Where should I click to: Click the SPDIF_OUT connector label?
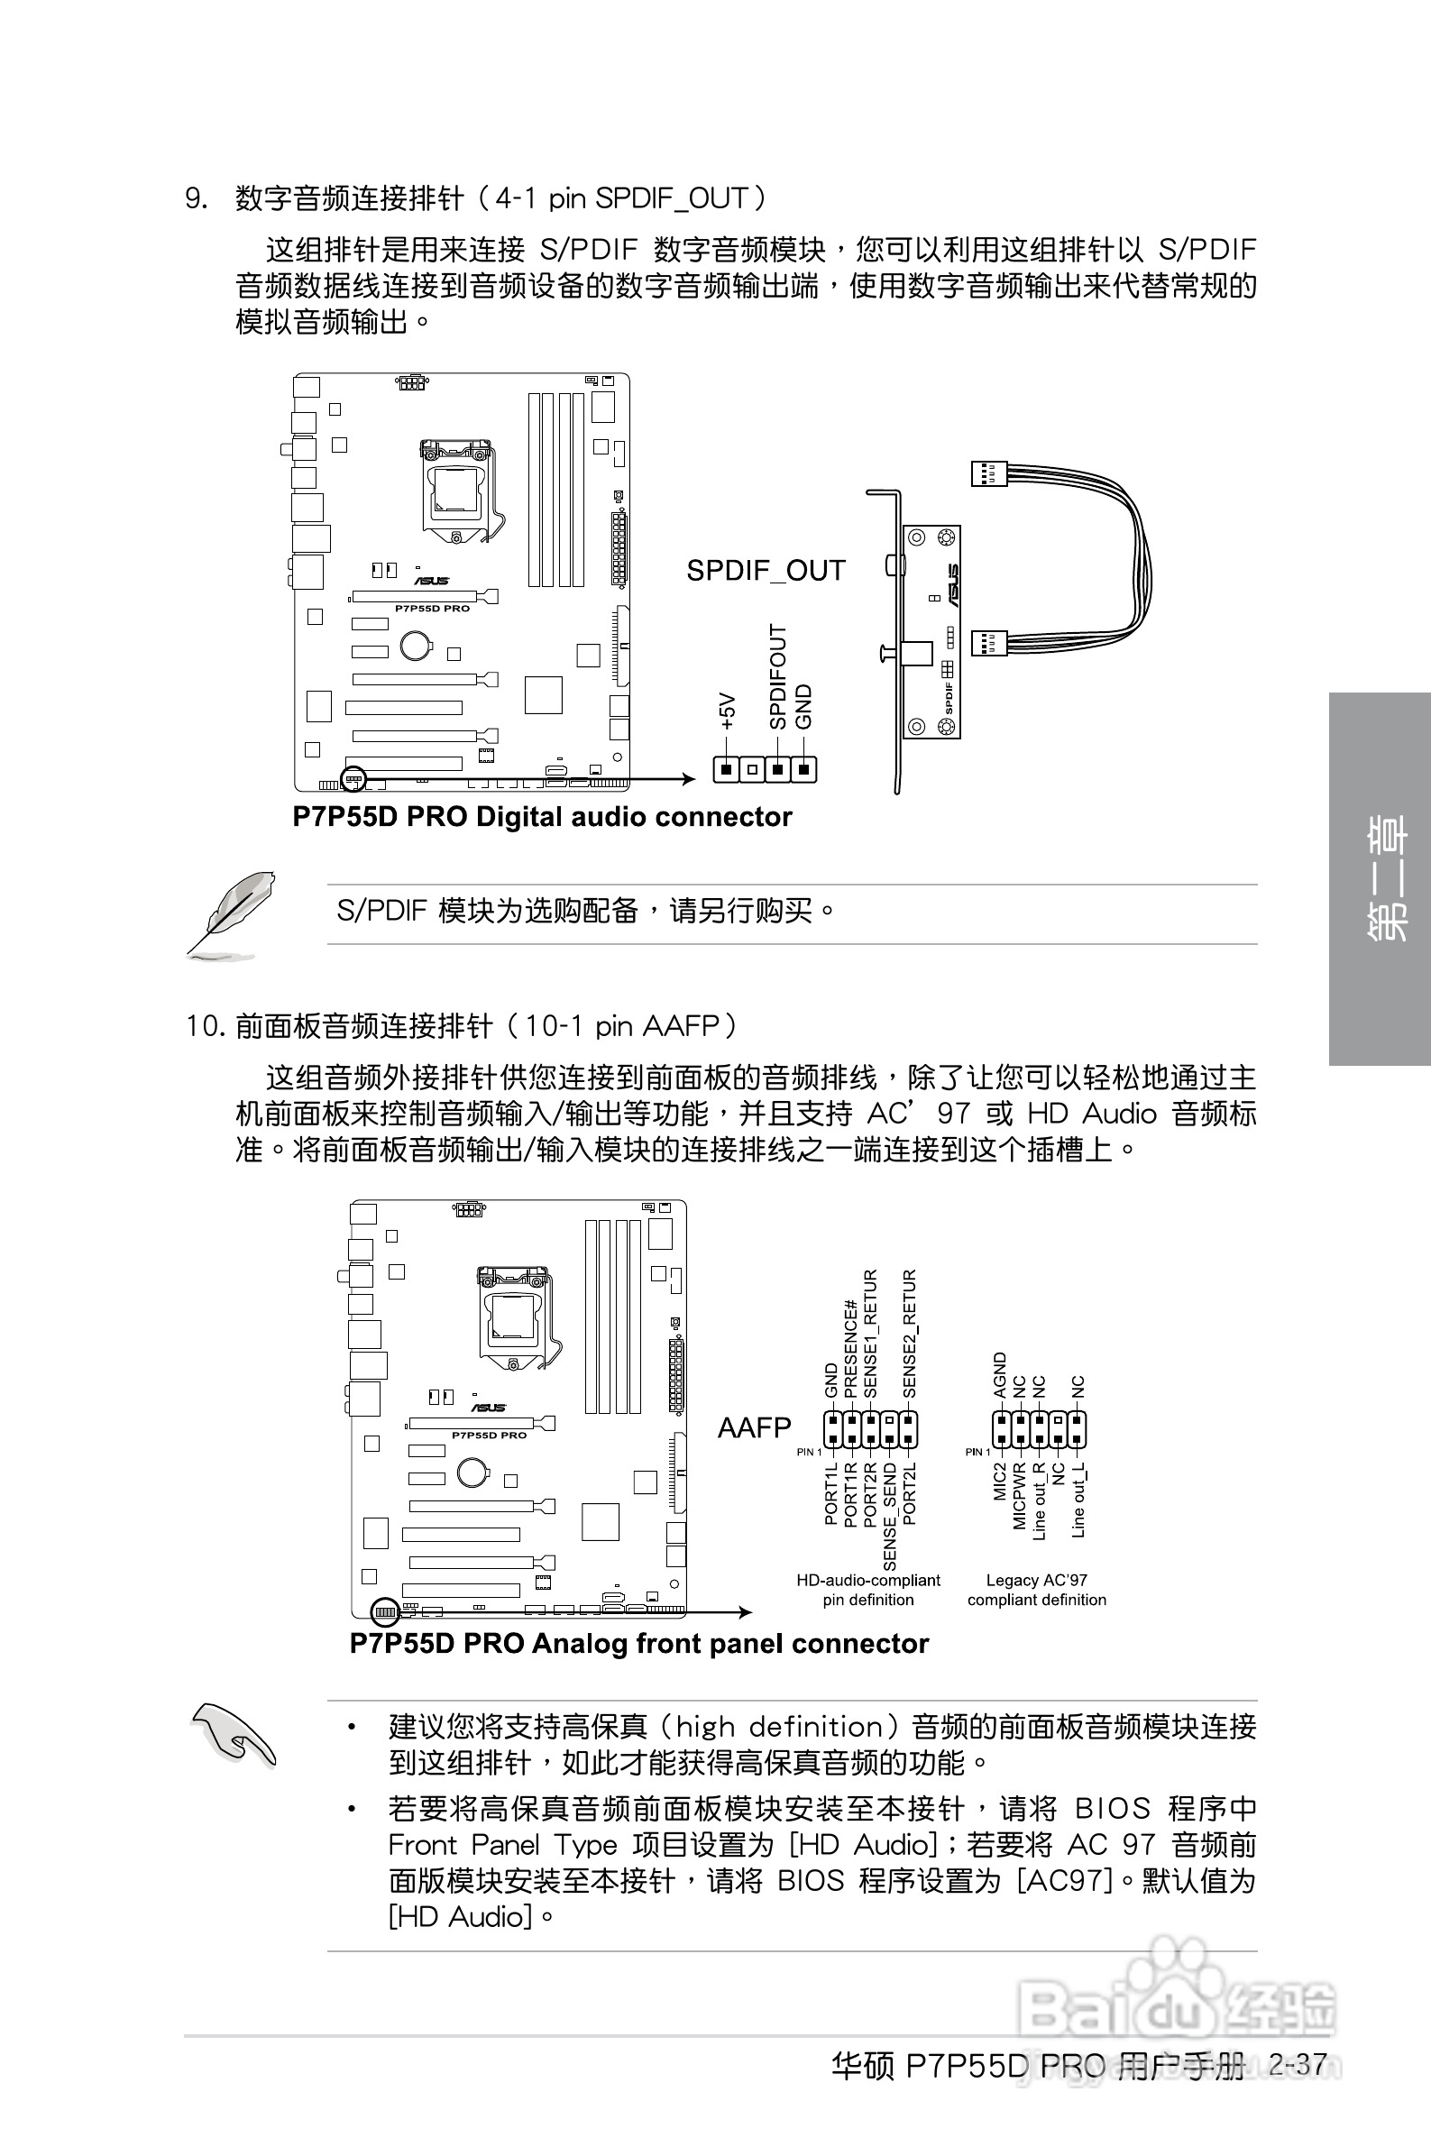click(765, 570)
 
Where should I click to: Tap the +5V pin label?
click(727, 711)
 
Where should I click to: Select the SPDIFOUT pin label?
click(776, 676)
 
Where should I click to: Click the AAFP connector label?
click(754, 1427)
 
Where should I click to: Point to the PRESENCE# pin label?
click(850, 1349)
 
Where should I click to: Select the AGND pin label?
click(999, 1375)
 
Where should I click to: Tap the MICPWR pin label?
click(1020, 1496)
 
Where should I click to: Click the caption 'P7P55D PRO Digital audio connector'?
click(542, 817)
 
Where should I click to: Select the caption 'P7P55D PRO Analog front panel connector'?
click(638, 1643)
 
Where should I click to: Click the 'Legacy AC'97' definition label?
click(1037, 1581)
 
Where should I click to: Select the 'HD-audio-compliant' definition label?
click(868, 1581)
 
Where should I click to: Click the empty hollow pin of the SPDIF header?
click(752, 770)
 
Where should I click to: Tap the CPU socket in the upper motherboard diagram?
click(455, 488)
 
